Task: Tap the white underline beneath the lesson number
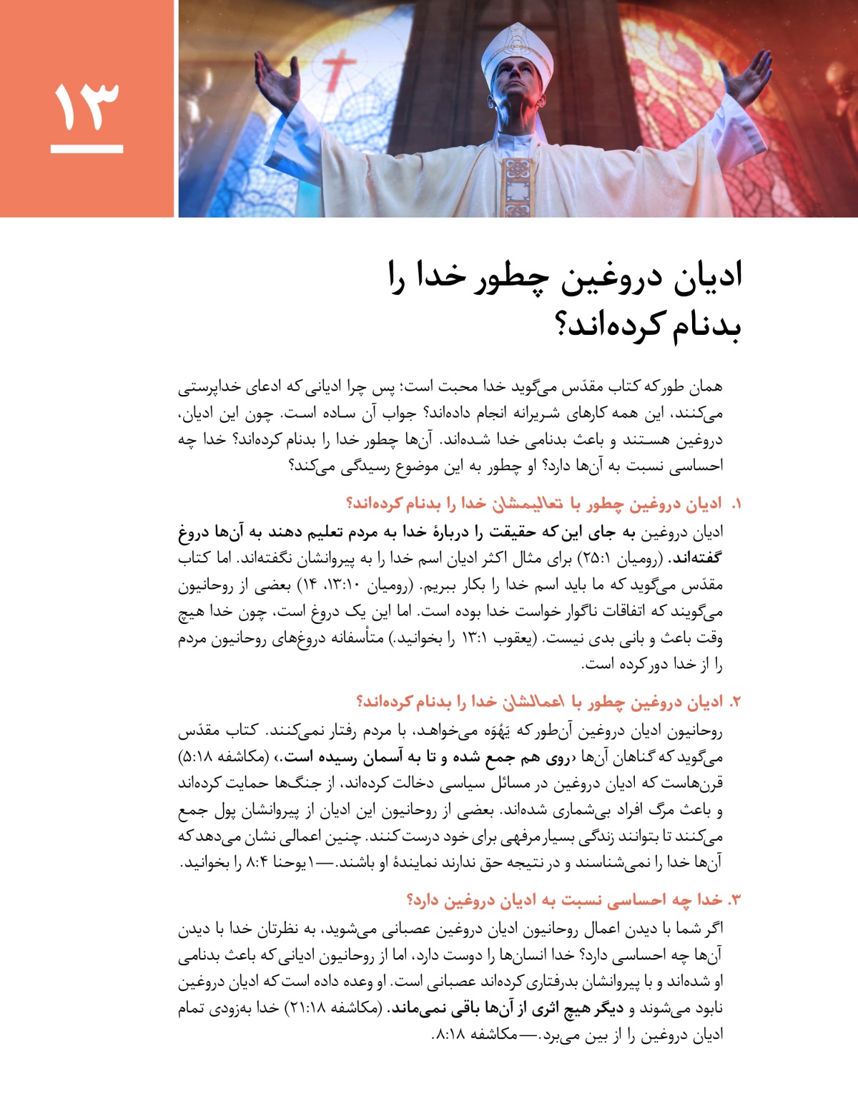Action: [x=87, y=150]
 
